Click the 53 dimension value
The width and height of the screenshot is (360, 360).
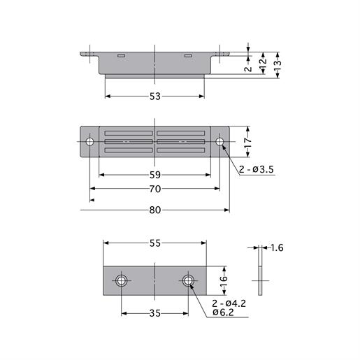(x=154, y=96)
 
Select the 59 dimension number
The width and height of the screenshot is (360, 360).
(x=154, y=174)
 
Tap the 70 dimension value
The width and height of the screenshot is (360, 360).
(x=154, y=189)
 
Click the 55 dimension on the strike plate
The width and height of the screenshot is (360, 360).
(x=155, y=243)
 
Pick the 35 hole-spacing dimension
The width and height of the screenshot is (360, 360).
(x=155, y=314)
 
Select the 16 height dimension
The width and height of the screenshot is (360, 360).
(x=224, y=280)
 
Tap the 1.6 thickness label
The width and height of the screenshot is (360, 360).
(x=276, y=247)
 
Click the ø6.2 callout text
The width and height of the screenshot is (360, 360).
(x=224, y=313)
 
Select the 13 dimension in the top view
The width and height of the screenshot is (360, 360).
(x=278, y=64)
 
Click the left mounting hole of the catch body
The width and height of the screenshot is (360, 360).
(x=90, y=142)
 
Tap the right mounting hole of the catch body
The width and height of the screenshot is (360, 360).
(x=220, y=142)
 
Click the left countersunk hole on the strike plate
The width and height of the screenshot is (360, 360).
(x=122, y=281)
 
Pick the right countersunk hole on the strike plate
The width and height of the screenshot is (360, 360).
(x=188, y=281)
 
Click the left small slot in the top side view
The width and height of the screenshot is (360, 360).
(x=122, y=55)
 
